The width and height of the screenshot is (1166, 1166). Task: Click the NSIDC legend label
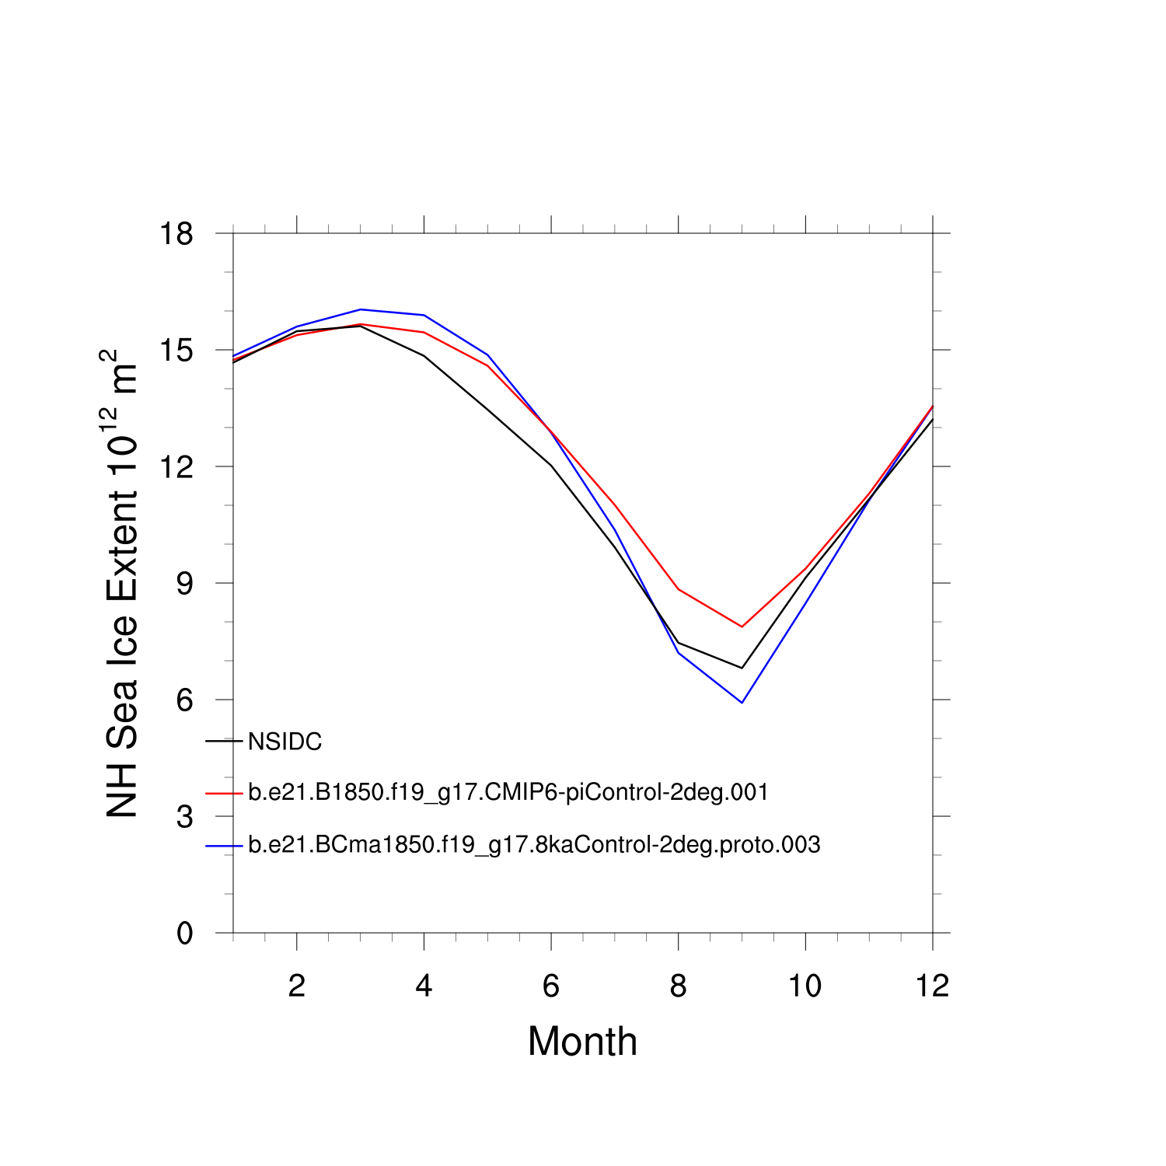tap(285, 742)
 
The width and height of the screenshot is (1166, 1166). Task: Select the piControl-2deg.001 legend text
tap(508, 793)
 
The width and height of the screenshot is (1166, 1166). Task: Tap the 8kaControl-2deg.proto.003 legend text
tap(534, 845)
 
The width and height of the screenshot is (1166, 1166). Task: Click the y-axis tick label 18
tap(176, 233)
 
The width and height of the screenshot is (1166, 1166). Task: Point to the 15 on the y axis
tap(176, 351)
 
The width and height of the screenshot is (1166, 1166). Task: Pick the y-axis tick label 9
tap(184, 584)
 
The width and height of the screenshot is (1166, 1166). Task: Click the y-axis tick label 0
tap(184, 934)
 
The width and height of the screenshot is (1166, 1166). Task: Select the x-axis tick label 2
tap(296, 986)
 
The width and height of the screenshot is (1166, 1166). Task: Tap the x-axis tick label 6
tap(551, 986)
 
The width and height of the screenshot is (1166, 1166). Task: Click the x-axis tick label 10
tap(805, 986)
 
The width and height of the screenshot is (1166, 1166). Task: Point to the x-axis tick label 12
tap(932, 986)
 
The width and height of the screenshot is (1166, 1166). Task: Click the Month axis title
tap(582, 1042)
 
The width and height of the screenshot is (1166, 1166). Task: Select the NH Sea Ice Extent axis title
tap(122, 583)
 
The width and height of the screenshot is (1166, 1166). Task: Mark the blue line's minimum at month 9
tap(742, 703)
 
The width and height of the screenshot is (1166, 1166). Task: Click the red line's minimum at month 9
tap(742, 627)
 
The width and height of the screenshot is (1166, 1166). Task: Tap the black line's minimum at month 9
tap(742, 668)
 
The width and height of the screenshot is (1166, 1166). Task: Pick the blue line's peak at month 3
tap(361, 309)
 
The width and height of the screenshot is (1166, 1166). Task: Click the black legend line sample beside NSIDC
tap(224, 742)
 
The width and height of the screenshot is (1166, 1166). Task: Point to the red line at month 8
tap(679, 589)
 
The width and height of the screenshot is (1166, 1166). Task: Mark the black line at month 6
tap(551, 466)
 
